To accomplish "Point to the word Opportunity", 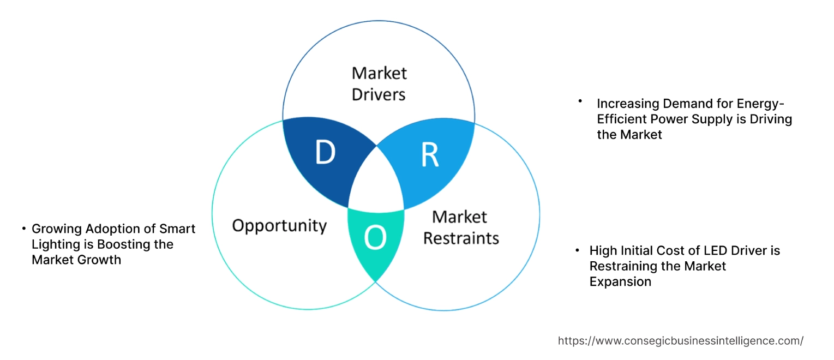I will (279, 225).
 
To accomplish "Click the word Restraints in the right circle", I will (461, 238).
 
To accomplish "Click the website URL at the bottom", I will (680, 341).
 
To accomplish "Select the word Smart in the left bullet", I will (178, 229).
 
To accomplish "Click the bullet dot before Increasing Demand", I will (580, 101).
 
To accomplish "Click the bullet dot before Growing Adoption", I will (23, 228).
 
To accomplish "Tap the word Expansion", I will (620, 282).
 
